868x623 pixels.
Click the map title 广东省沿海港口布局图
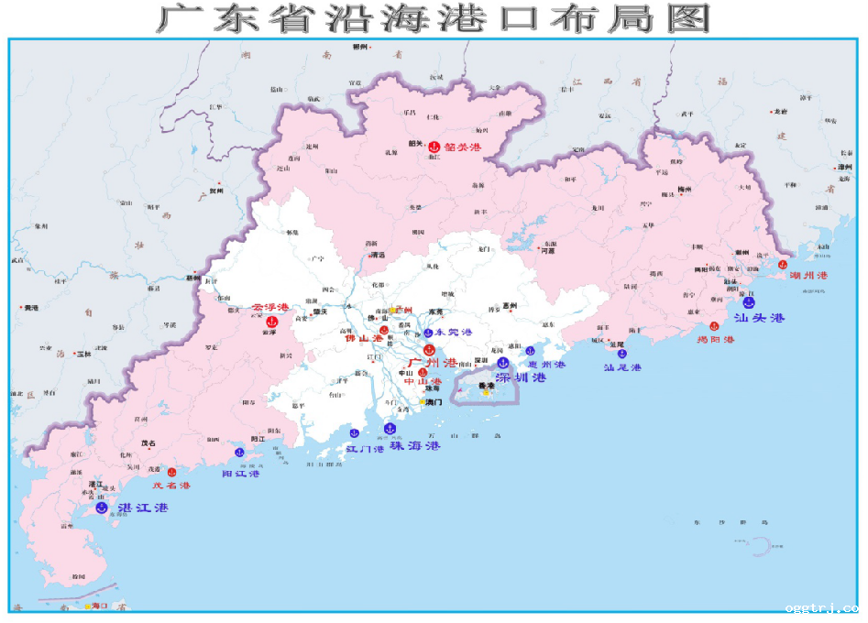(434, 18)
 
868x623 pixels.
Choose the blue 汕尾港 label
(622, 367)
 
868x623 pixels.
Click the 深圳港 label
(521, 377)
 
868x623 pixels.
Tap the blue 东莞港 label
(454, 332)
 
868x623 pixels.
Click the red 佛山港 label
(363, 339)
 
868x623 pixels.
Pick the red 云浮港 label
(270, 307)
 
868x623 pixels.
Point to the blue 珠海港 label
(414, 445)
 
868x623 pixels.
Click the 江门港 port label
(365, 449)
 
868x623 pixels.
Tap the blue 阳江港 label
(241, 474)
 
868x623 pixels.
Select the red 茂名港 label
(171, 486)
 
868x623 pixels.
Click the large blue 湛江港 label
(137, 508)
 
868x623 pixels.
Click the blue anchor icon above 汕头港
(749, 301)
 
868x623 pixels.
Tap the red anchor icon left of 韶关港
(434, 146)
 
